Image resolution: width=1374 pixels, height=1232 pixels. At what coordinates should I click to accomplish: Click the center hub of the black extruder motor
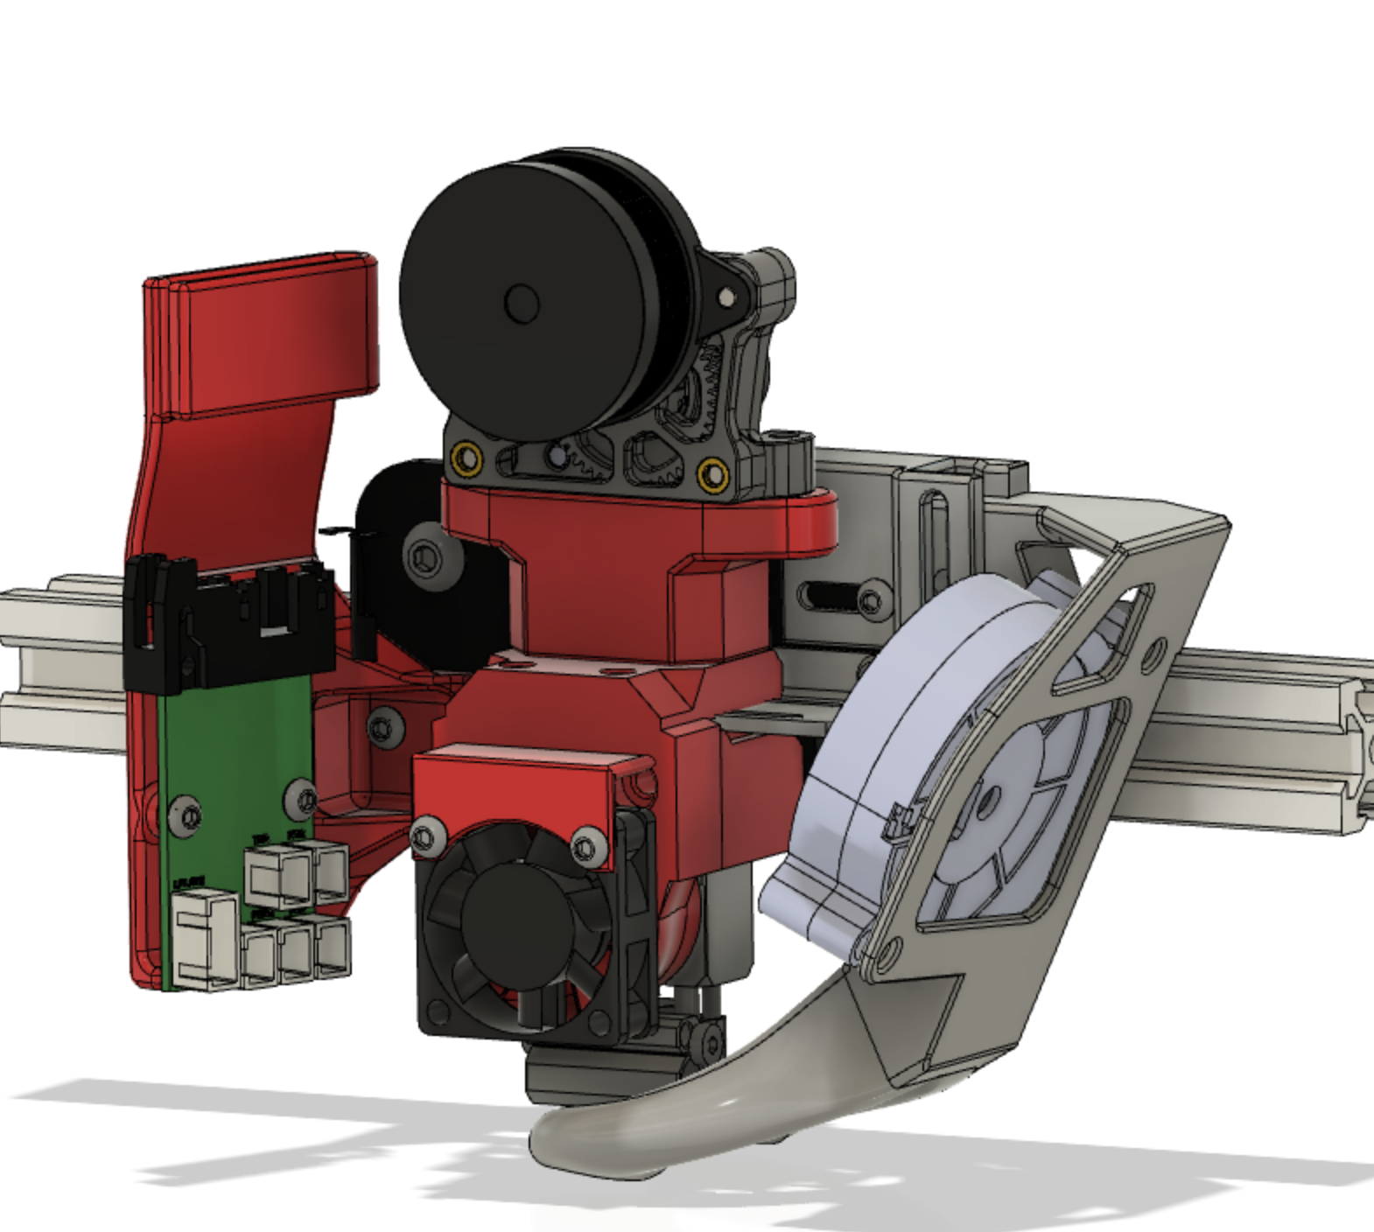(522, 303)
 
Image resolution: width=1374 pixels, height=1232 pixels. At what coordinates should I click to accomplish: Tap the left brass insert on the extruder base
(465, 457)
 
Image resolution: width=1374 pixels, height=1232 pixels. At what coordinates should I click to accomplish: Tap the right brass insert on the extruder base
(713, 475)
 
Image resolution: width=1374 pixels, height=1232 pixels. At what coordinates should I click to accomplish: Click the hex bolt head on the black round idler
(424, 555)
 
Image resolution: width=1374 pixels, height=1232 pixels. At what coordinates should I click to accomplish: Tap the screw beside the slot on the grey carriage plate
(871, 600)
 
